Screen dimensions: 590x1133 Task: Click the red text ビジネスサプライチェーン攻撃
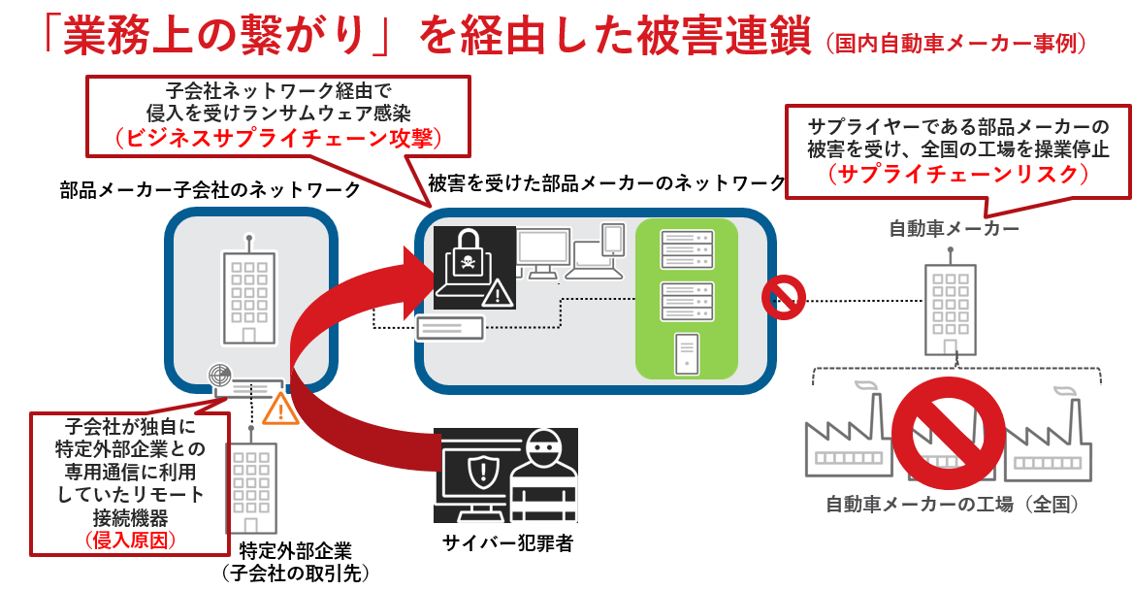[x=278, y=138]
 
